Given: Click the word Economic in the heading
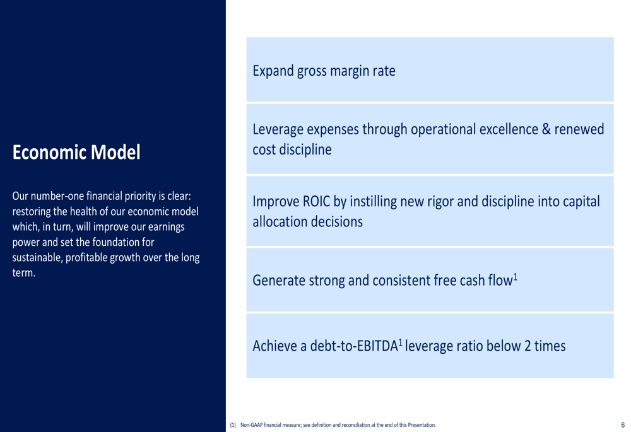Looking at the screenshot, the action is (49, 153).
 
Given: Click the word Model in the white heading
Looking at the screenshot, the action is (115, 153).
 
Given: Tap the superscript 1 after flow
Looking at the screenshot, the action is (515, 277).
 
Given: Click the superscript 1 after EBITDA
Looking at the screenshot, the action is (401, 342).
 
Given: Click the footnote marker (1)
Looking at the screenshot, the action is (233, 425).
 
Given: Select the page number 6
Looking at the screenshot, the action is (623, 425).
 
